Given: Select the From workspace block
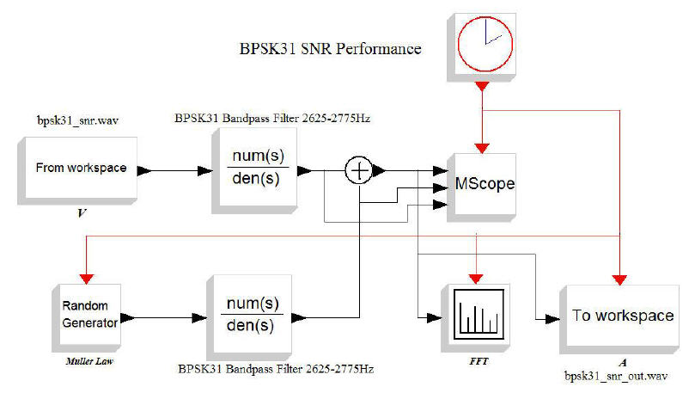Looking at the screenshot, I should click(69, 169).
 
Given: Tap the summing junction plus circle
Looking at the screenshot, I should click(359, 170).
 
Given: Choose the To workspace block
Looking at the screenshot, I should click(622, 316).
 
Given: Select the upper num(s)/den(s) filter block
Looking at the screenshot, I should click(258, 169).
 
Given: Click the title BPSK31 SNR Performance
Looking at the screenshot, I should click(329, 49).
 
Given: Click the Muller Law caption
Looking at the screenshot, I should click(87, 361).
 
